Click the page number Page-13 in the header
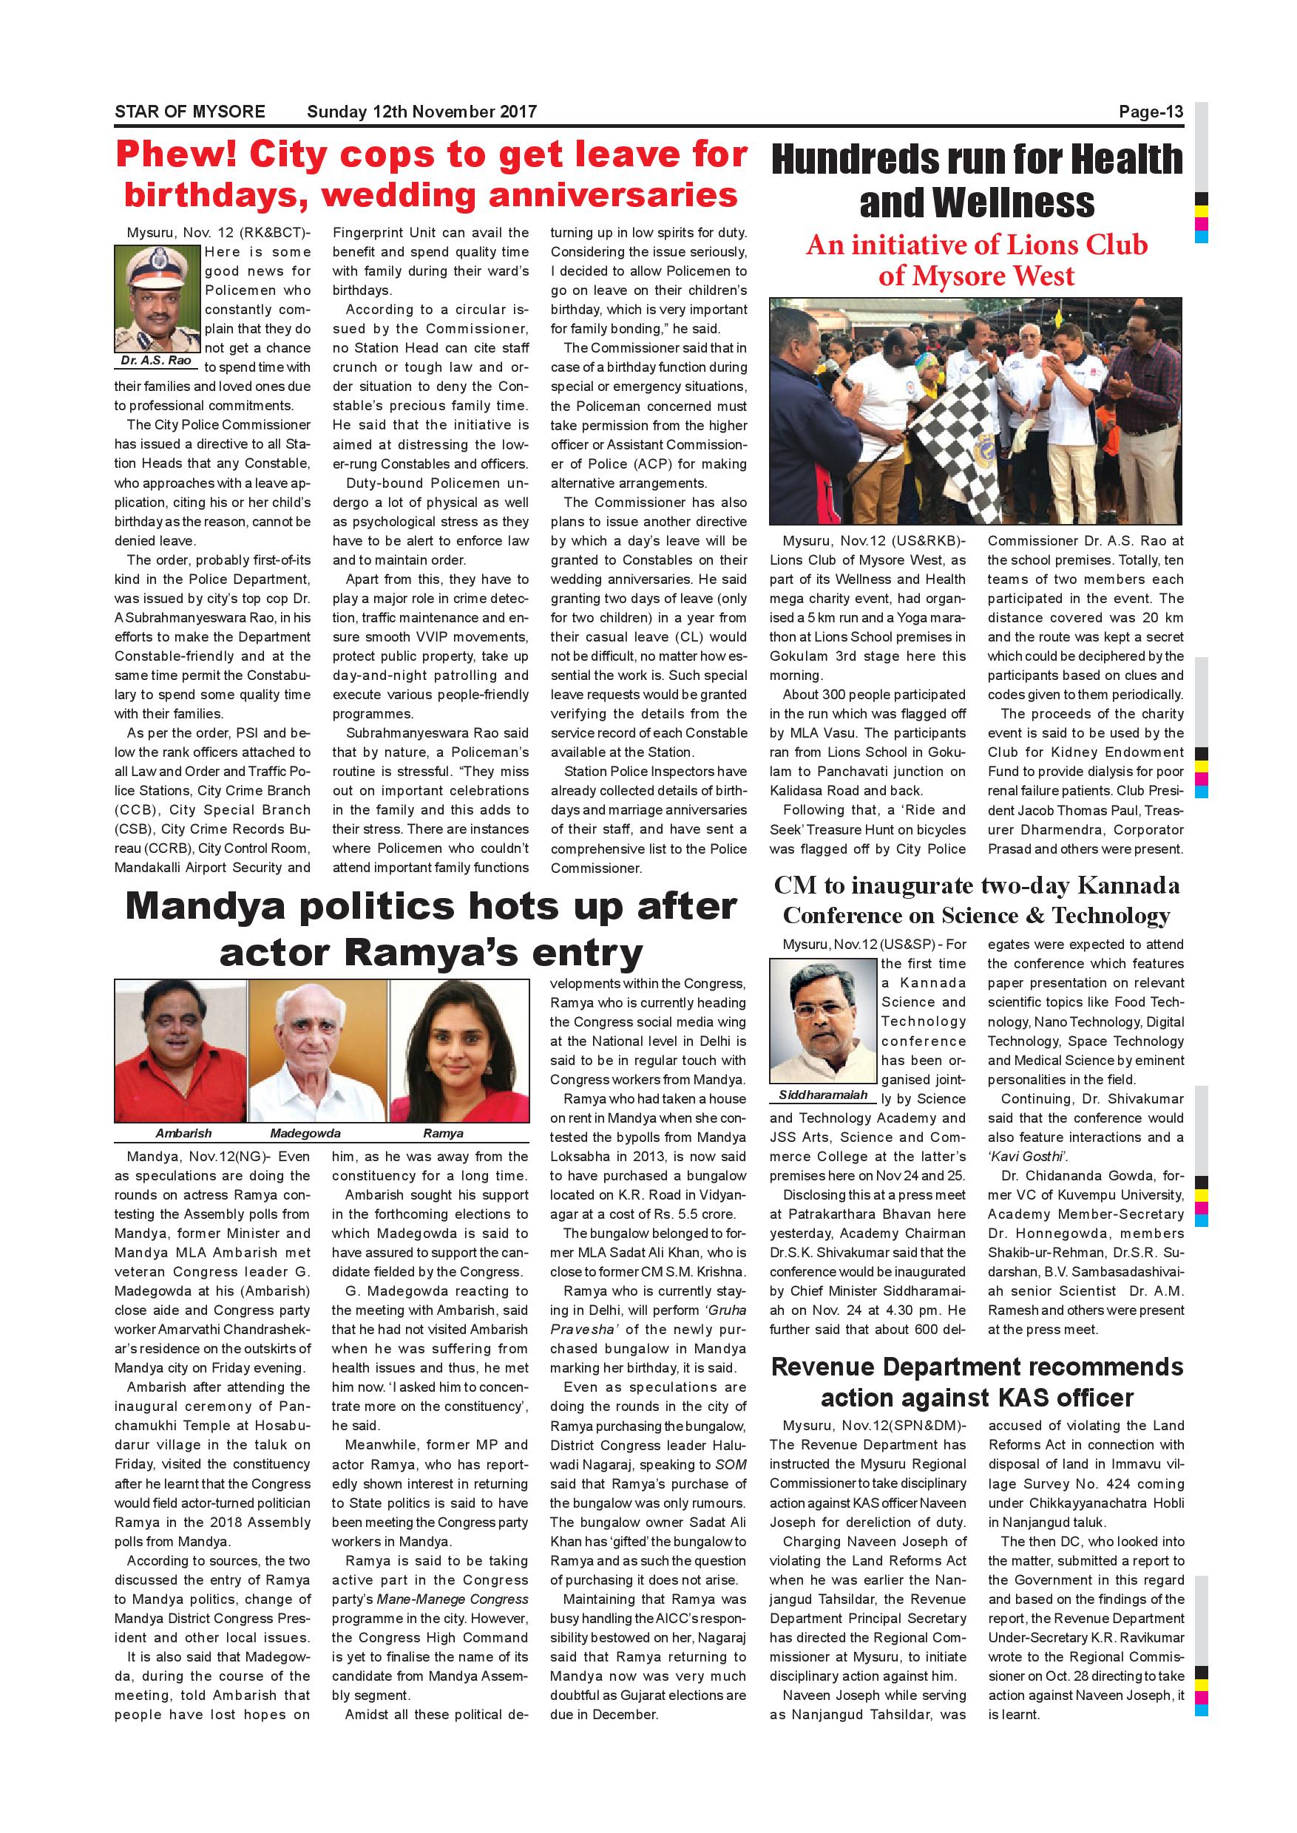[x=1150, y=112]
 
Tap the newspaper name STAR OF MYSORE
[x=189, y=112]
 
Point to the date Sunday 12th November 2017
[x=421, y=112]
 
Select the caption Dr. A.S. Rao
[x=157, y=360]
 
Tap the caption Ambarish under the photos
[x=183, y=1133]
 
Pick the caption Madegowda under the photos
[x=305, y=1133]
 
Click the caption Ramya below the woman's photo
[x=443, y=1133]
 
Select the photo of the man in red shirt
[x=181, y=1050]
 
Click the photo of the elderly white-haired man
[x=318, y=1050]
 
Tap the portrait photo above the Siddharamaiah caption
[x=822, y=1020]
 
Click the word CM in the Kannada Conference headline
[x=796, y=886]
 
